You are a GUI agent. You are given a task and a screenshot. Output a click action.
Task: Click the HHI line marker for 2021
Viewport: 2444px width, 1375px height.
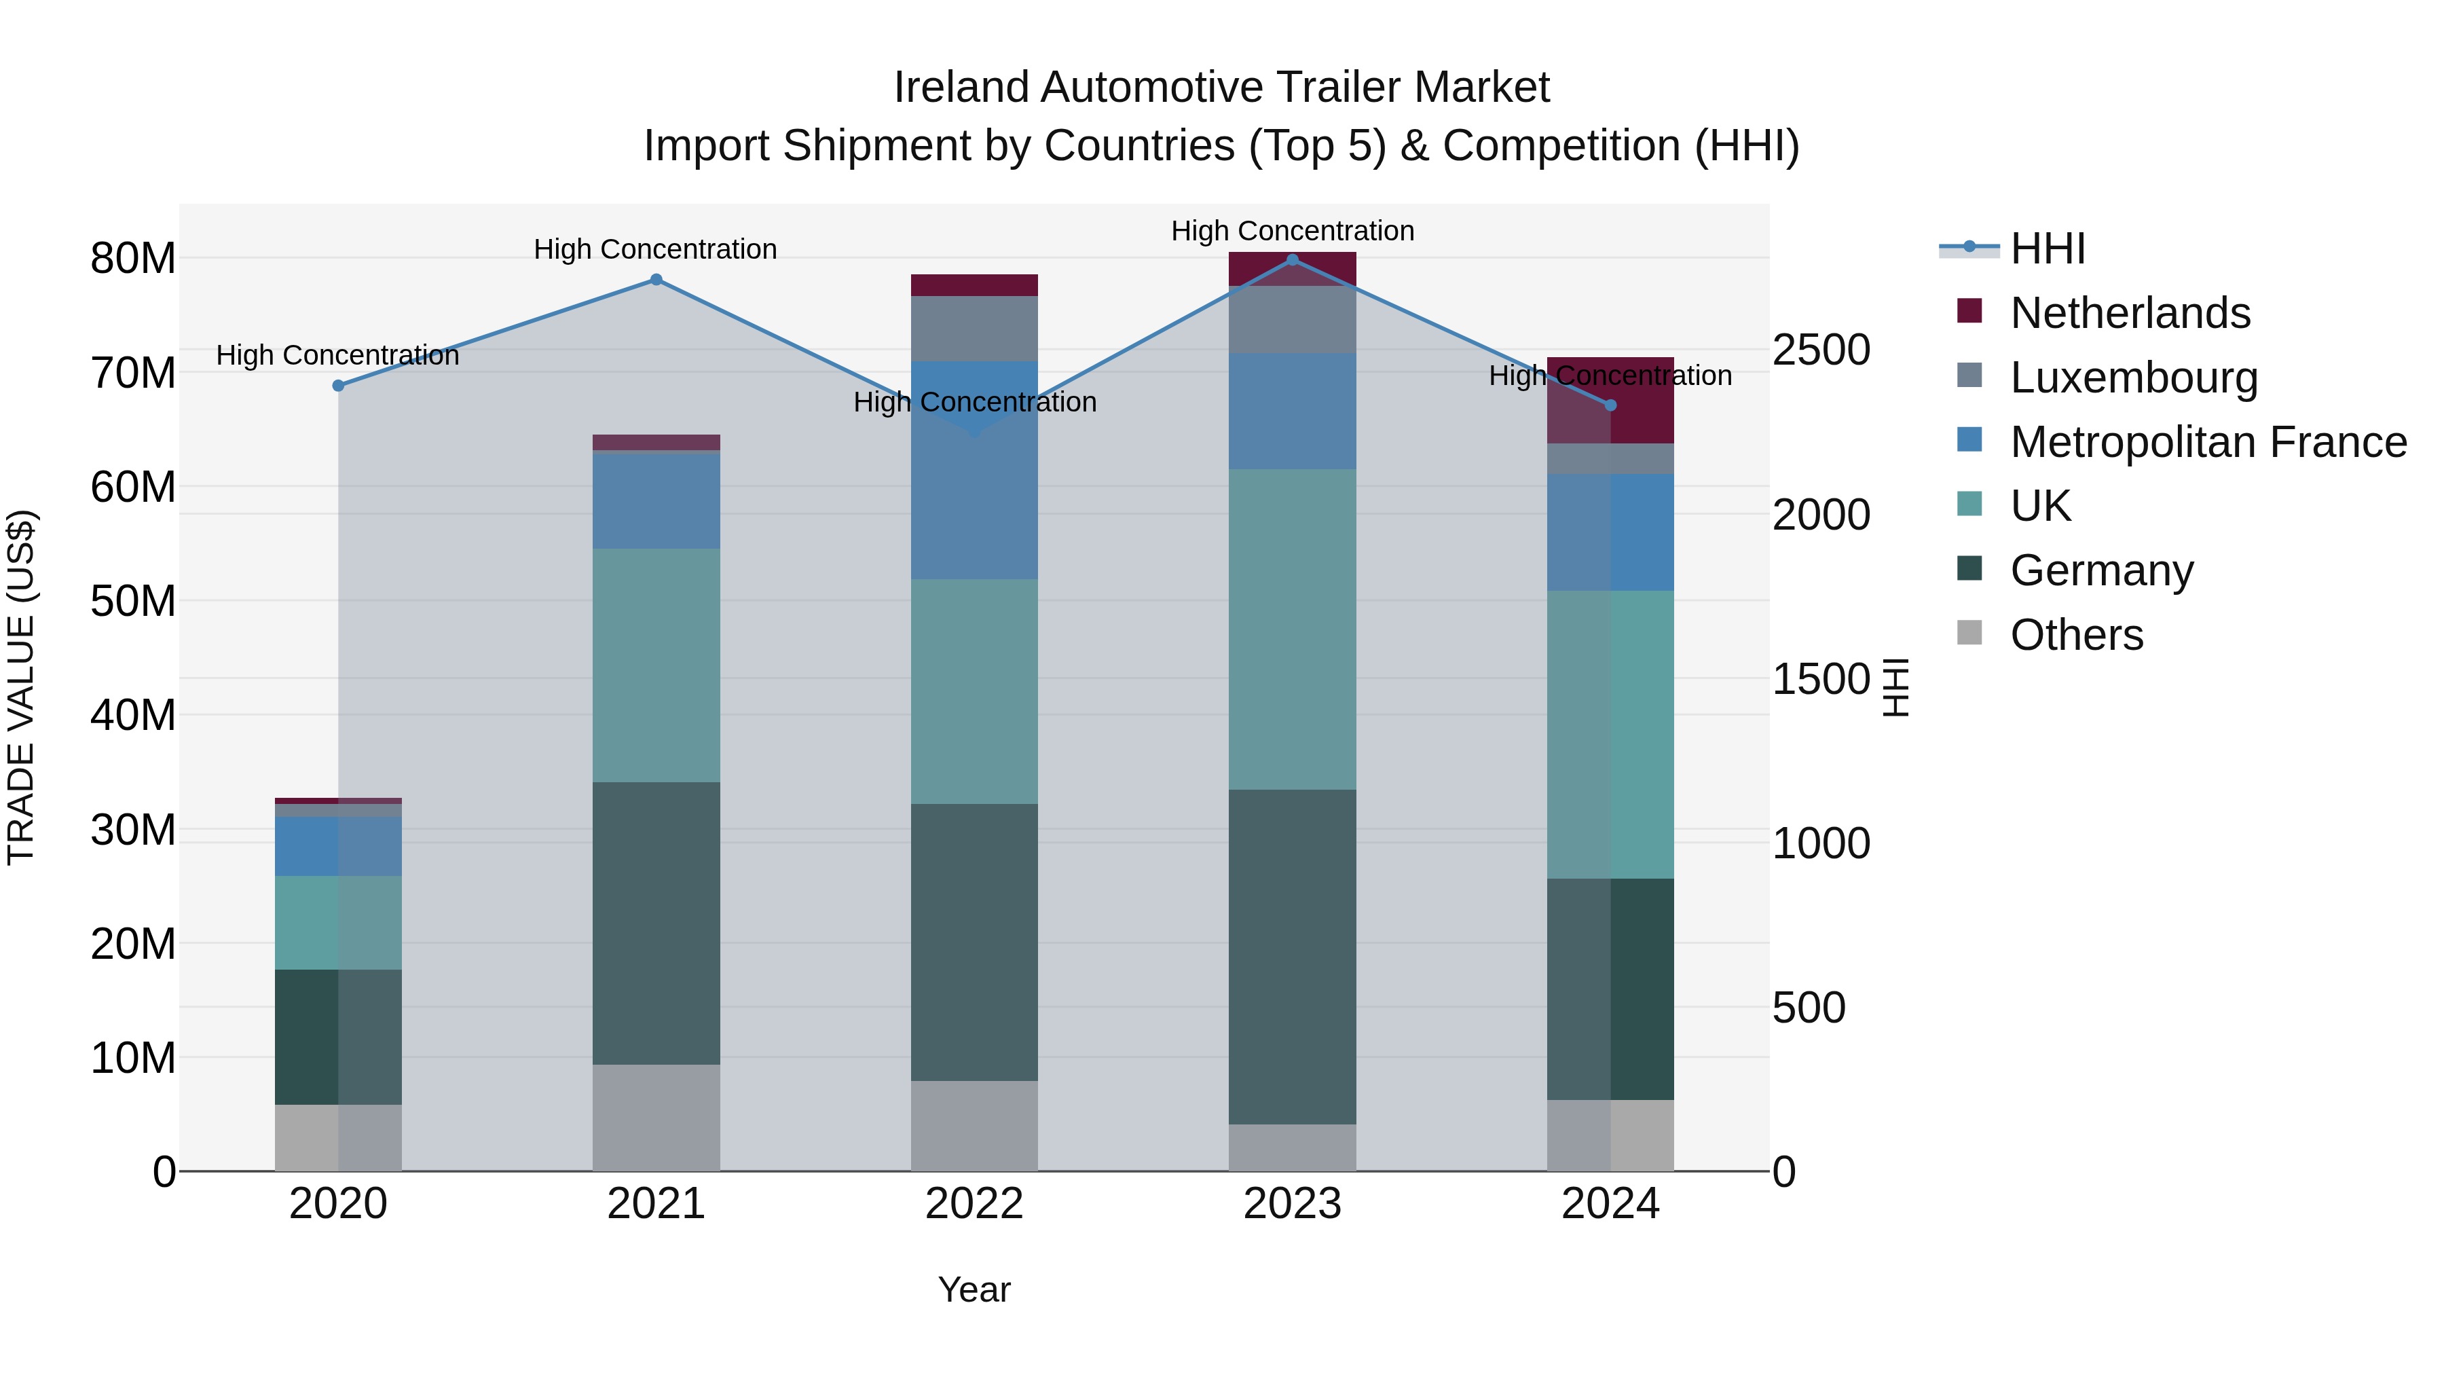tap(656, 280)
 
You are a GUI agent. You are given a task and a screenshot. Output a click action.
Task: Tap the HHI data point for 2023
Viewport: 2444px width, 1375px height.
tap(1292, 260)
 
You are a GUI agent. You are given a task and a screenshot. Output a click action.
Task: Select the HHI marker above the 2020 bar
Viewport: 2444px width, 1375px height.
tap(338, 385)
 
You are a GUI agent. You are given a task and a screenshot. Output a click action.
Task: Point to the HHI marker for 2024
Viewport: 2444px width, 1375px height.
tap(1610, 405)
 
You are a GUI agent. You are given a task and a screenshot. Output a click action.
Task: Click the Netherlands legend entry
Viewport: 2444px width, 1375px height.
tap(2130, 313)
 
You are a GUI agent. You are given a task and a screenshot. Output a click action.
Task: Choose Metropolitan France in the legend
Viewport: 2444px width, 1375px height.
tap(2208, 442)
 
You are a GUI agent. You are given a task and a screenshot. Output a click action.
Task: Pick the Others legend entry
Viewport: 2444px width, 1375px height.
tap(2076, 635)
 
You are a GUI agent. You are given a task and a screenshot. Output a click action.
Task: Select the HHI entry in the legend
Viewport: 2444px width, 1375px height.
tap(2048, 249)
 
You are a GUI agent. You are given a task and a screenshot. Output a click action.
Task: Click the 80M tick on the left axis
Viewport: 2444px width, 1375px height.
tap(133, 258)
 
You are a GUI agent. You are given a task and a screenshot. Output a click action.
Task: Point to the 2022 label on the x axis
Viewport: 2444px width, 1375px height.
tap(974, 1204)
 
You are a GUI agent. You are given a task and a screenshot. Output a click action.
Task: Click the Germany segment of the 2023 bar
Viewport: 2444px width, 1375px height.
tap(1292, 957)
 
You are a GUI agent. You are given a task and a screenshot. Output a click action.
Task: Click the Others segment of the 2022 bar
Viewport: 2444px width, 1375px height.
tap(974, 1125)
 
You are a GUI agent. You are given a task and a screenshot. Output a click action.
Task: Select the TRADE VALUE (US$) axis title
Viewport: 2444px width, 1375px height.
tap(21, 687)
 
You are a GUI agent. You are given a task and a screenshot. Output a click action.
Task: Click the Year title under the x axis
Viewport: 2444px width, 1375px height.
tap(974, 1289)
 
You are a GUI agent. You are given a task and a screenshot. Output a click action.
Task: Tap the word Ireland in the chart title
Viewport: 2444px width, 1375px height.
tap(960, 88)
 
